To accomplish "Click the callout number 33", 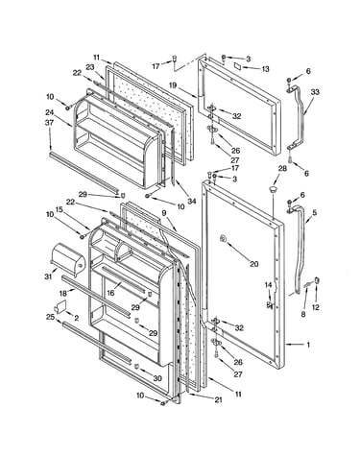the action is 315,92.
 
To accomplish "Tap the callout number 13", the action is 265,69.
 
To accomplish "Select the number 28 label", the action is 282,169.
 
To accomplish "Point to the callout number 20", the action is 253,264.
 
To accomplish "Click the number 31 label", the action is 48,276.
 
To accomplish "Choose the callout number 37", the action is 50,123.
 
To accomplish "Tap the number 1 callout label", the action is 308,345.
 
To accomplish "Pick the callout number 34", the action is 191,201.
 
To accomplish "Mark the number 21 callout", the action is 218,399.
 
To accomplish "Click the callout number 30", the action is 157,378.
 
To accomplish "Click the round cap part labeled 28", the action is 273,189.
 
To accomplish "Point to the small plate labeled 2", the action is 60,306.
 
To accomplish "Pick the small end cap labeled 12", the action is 318,280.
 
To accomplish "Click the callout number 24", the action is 49,112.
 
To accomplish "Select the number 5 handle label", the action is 315,212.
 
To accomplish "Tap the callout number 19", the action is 173,85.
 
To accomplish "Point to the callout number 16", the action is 110,293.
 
